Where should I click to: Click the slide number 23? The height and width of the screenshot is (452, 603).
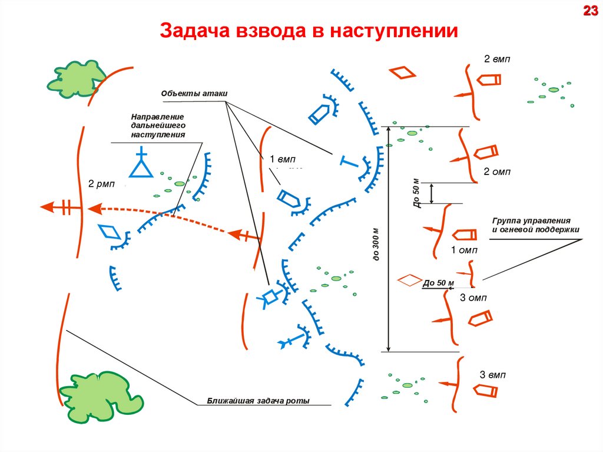pos(590,11)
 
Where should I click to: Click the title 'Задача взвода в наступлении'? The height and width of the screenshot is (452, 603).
pos(309,31)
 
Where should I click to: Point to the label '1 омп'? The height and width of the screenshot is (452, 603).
pos(464,250)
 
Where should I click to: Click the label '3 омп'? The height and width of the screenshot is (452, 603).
pos(473,298)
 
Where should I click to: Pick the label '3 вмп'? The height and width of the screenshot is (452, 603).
pos(492,375)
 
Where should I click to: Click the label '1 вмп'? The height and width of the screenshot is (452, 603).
pos(282,159)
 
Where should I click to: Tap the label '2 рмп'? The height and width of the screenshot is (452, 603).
pos(100,183)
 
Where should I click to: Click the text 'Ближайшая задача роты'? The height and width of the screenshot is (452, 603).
pos(258,401)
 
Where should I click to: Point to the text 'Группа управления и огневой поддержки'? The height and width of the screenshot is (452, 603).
pos(536,225)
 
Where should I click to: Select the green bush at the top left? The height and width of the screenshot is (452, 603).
pos(77,78)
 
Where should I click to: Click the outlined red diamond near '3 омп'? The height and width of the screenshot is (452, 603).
pos(410,279)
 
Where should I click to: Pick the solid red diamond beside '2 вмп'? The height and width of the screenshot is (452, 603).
pos(402,72)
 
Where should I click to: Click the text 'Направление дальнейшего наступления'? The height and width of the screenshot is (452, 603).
pos(158,126)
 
